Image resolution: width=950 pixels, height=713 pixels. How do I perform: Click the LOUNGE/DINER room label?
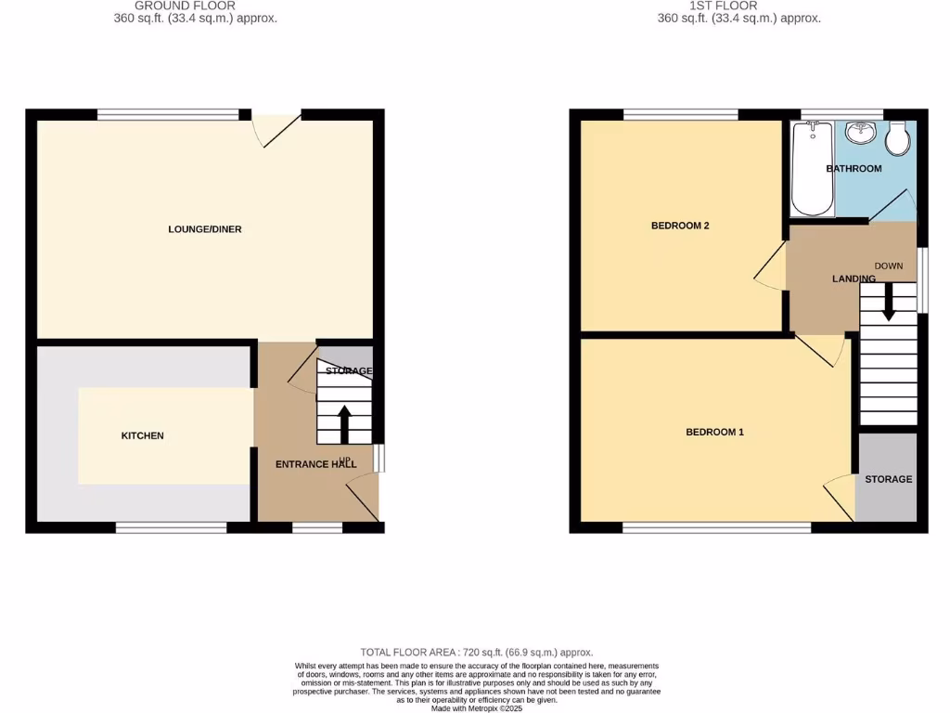pyautogui.click(x=205, y=229)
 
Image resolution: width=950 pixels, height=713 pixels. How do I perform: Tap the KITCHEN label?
pyautogui.click(x=143, y=435)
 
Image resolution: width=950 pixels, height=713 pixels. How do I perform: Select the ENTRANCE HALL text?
pyautogui.click(x=315, y=464)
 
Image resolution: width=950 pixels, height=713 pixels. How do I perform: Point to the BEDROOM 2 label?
pyautogui.click(x=680, y=226)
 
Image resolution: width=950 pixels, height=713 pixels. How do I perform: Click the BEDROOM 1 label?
pyautogui.click(x=714, y=432)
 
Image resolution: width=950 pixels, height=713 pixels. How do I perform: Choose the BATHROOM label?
pyautogui.click(x=854, y=169)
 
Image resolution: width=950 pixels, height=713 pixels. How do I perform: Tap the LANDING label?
pyautogui.click(x=854, y=279)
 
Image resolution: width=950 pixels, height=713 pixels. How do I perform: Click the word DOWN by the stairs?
pyautogui.click(x=888, y=266)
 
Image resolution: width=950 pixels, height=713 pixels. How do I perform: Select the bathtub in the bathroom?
pyautogui.click(x=814, y=169)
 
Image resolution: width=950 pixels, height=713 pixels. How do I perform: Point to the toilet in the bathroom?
pyautogui.click(x=897, y=139)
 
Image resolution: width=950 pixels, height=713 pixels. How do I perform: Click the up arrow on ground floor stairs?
pyautogui.click(x=344, y=424)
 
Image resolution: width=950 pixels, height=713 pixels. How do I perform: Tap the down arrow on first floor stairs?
pyautogui.click(x=888, y=303)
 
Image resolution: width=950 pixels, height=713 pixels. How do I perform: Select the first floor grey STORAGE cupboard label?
pyautogui.click(x=888, y=479)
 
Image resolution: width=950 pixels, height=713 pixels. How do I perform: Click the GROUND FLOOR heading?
pyautogui.click(x=185, y=6)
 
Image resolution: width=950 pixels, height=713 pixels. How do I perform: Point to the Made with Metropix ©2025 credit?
pyautogui.click(x=476, y=708)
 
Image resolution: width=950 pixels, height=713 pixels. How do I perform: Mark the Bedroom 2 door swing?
pyautogui.click(x=770, y=269)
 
